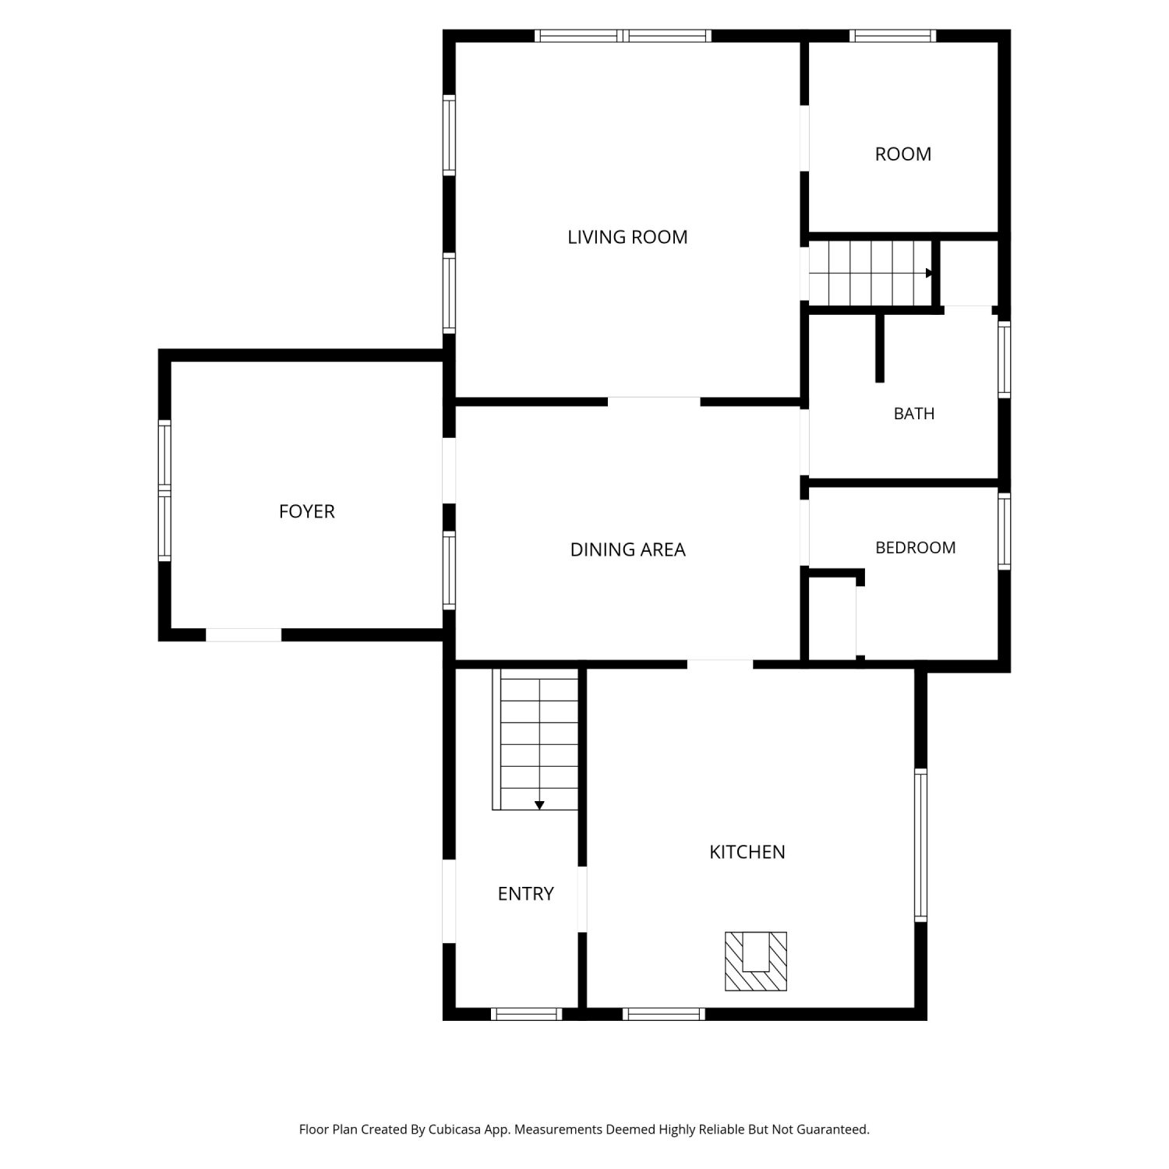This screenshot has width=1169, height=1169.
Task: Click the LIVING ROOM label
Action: click(x=627, y=237)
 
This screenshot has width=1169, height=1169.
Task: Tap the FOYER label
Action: click(x=307, y=511)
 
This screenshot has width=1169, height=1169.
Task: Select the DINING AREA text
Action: click(x=627, y=549)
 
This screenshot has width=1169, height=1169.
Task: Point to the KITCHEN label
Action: click(x=747, y=852)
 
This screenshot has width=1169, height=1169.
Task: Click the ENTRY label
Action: click(x=526, y=893)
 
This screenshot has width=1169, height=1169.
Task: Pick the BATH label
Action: click(x=914, y=414)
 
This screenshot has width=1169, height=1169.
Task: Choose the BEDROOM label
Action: click(x=916, y=548)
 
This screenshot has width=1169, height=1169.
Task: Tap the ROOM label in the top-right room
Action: click(x=903, y=154)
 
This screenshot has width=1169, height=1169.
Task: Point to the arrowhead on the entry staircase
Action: click(x=539, y=805)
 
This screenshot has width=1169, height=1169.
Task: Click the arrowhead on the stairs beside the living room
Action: click(x=929, y=273)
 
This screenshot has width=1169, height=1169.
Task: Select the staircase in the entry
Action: click(x=535, y=739)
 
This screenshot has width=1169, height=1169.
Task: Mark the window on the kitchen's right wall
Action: click(x=920, y=845)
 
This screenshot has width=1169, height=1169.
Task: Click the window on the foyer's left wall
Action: click(x=164, y=490)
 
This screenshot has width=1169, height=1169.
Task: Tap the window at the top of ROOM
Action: click(x=892, y=35)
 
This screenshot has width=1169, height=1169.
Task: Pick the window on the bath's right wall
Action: click(x=1005, y=359)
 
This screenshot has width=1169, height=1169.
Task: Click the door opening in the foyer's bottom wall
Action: click(x=243, y=635)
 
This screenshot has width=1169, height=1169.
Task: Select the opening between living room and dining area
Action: click(x=654, y=401)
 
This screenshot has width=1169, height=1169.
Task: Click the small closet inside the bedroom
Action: click(x=832, y=618)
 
